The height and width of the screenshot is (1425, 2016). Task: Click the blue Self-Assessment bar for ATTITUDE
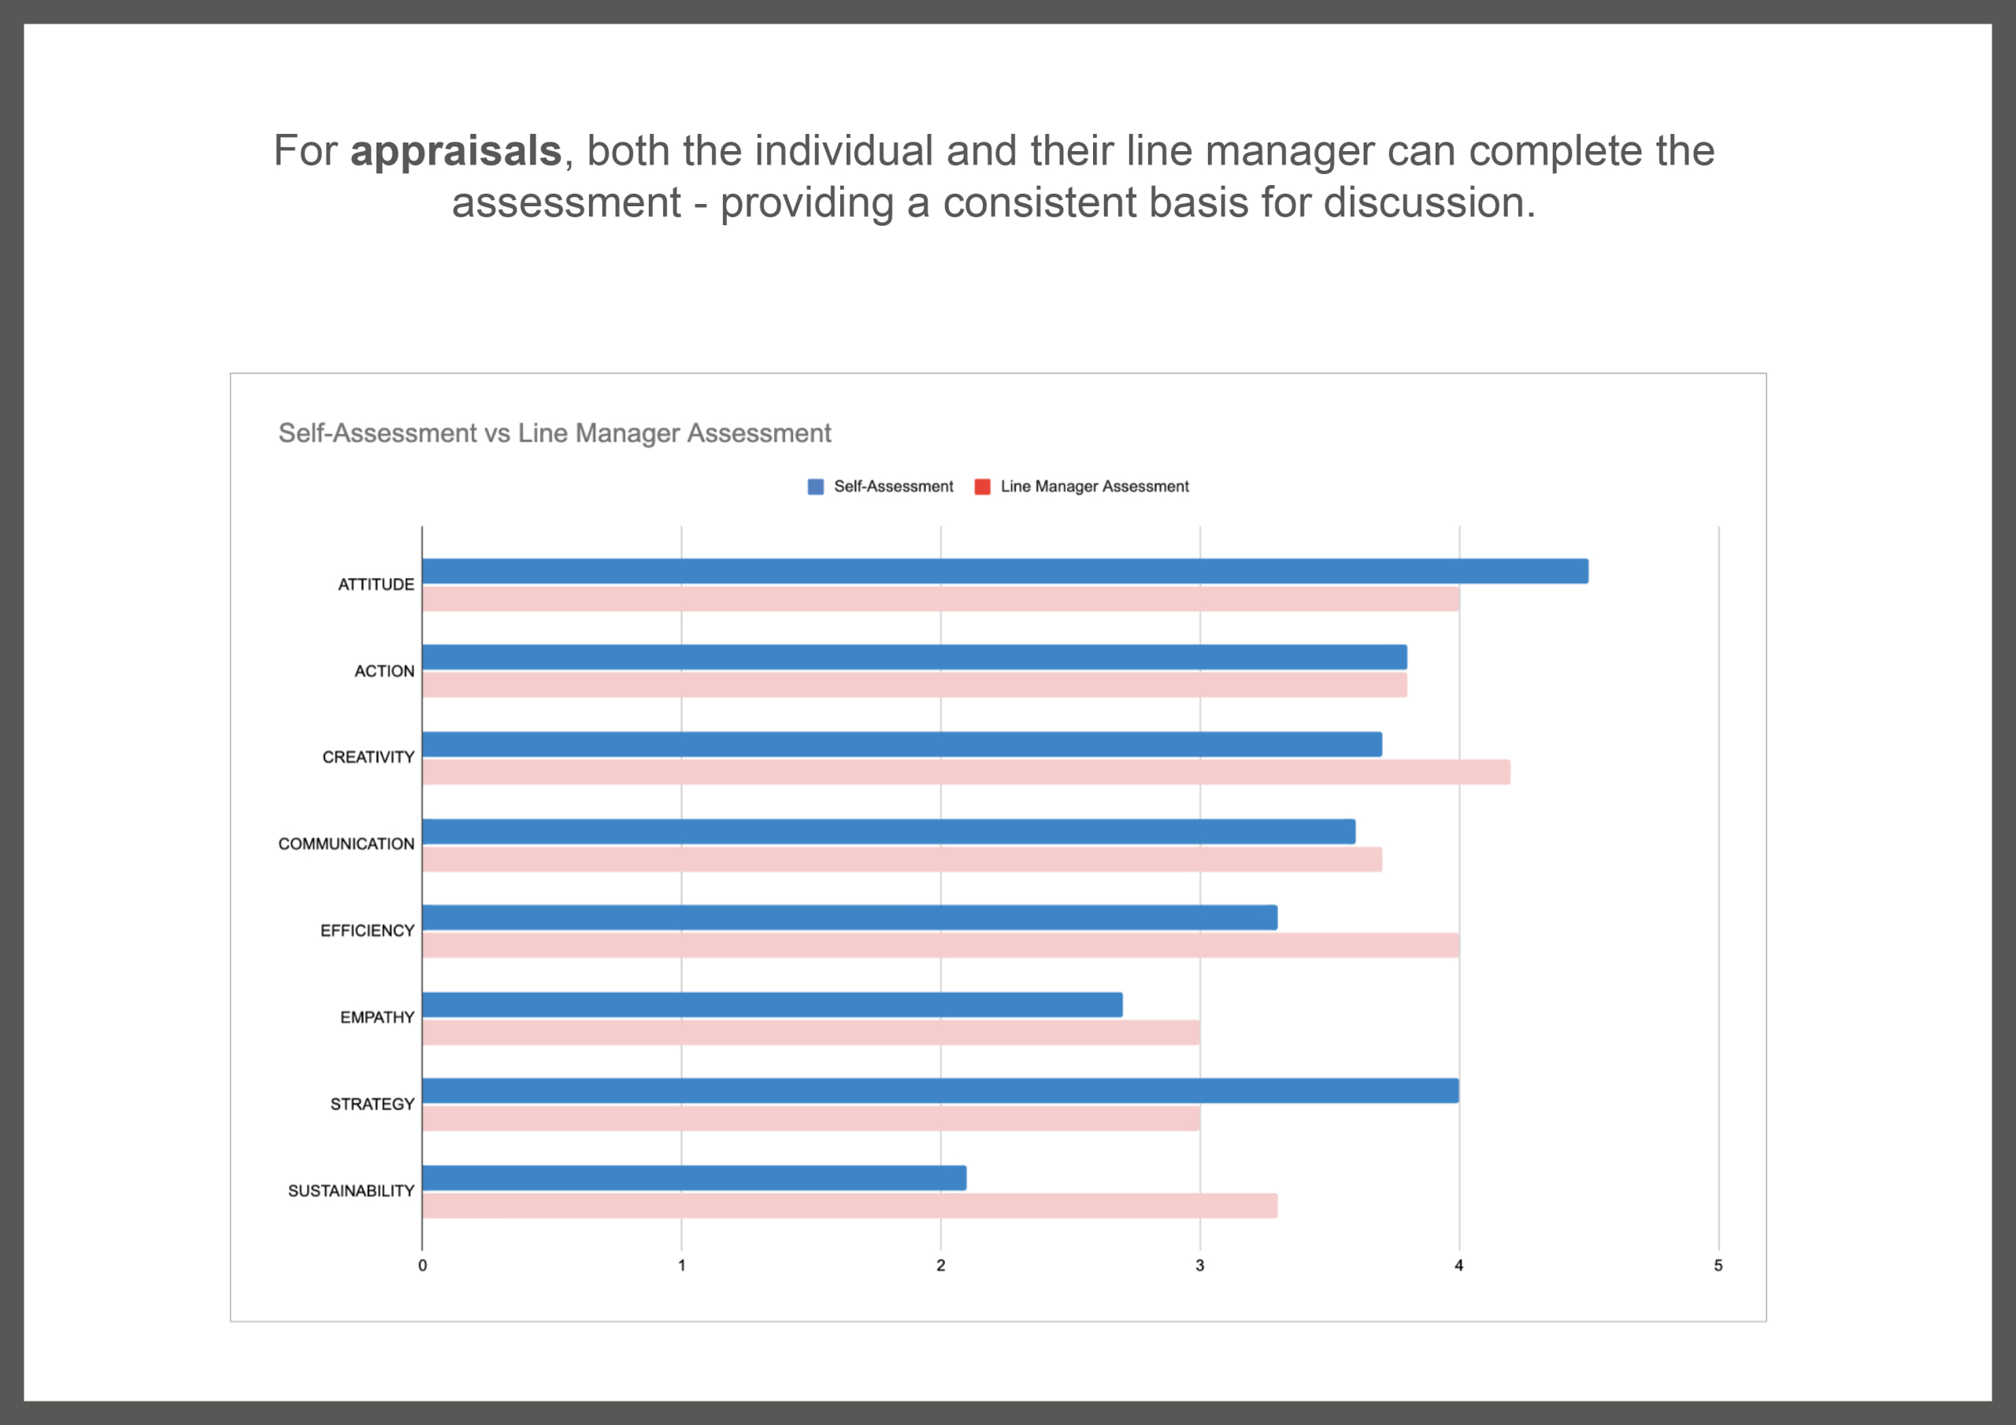[1005, 571]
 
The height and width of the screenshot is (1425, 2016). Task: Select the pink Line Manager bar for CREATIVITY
[965, 772]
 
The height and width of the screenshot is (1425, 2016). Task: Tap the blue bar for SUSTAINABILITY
[694, 1178]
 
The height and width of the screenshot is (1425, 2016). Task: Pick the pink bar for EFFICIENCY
[940, 945]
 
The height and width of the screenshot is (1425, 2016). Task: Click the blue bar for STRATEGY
[940, 1090]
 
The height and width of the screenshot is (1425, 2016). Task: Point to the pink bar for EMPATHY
[810, 1031]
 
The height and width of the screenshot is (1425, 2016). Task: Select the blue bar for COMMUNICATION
[888, 831]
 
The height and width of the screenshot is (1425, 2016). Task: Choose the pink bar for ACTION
[914, 685]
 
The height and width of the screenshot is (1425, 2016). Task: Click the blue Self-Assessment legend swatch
[816, 487]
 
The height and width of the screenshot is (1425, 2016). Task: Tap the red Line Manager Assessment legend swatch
[983, 487]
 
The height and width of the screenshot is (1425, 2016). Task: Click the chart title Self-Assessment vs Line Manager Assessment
[555, 433]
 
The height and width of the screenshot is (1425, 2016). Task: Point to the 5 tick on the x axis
[1718, 1265]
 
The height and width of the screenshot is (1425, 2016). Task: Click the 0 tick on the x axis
[422, 1265]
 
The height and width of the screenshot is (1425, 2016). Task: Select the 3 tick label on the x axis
[1199, 1265]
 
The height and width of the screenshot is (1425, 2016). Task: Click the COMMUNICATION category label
[346, 844]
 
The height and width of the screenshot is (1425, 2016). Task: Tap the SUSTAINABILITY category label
[351, 1190]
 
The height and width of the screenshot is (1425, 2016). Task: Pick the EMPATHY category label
[376, 1016]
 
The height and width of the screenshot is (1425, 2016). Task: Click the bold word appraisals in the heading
[456, 152]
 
